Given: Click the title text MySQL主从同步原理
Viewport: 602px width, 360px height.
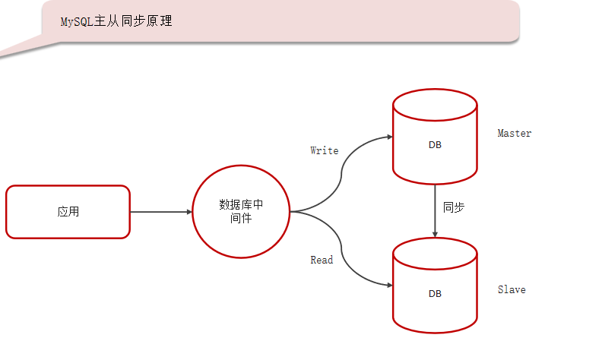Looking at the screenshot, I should pyautogui.click(x=116, y=21).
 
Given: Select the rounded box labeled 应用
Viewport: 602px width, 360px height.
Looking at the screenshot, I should pyautogui.click(x=68, y=212).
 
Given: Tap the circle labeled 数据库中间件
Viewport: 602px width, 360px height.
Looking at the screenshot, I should pyautogui.click(x=241, y=212).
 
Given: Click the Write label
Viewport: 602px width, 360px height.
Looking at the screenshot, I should pyautogui.click(x=325, y=150).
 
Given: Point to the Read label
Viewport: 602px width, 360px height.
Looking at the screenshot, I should pyautogui.click(x=322, y=261).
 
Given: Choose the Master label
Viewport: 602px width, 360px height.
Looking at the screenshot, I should pyautogui.click(x=515, y=134).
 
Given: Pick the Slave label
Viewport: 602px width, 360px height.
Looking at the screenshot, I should pyautogui.click(x=512, y=290).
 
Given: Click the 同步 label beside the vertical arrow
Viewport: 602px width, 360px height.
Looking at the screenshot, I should pyautogui.click(x=453, y=207).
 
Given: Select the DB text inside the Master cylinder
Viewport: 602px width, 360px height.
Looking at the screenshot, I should pyautogui.click(x=435, y=144).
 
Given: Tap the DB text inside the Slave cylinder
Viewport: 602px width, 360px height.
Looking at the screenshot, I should pyautogui.click(x=435, y=293).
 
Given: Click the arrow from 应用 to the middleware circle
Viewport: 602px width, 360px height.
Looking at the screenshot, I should pyautogui.click(x=160, y=212).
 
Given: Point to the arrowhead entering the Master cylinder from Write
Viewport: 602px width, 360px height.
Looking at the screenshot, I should pyautogui.click(x=388, y=137).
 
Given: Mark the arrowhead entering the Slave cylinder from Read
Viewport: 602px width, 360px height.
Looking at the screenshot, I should pyautogui.click(x=388, y=286).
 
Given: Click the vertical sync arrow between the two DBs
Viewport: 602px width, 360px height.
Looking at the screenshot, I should pyautogui.click(x=435, y=209).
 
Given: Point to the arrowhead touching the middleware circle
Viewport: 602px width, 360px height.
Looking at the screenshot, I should pyautogui.click(x=189, y=212).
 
